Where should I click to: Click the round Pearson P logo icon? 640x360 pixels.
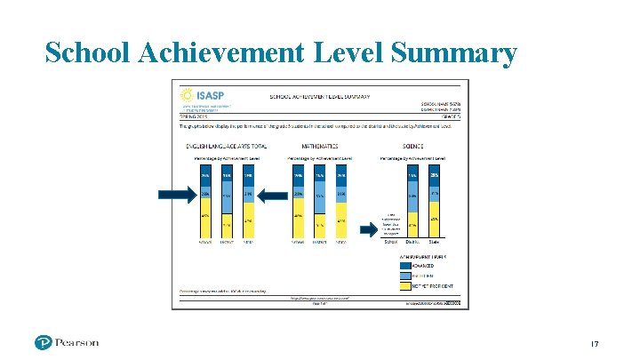coord(44,342)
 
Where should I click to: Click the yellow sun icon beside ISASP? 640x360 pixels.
coord(186,94)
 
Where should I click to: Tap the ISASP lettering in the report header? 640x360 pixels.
coord(210,93)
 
